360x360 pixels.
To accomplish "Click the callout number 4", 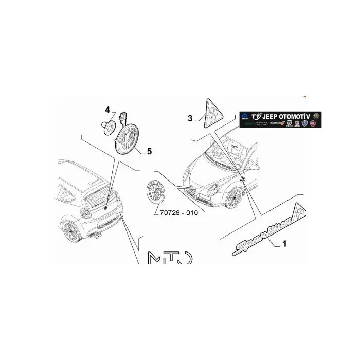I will coord(107,110).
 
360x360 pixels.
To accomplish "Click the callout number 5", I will coord(149,151).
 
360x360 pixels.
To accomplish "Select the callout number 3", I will coord(190,118).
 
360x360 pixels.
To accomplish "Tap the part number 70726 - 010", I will coord(176,212).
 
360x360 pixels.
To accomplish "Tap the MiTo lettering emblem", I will coord(170,259).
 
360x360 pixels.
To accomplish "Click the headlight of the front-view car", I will coord(214,190).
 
